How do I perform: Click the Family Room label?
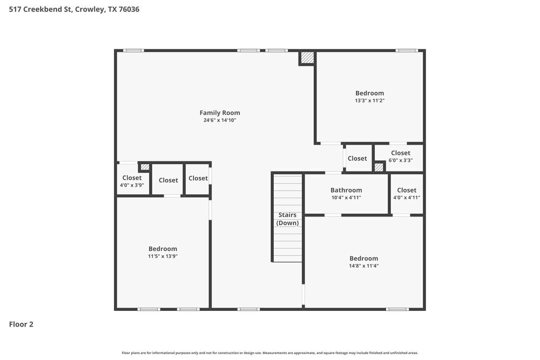coord(220,113)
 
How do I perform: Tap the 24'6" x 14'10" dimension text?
coord(220,120)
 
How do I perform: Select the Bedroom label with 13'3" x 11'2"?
coord(369,93)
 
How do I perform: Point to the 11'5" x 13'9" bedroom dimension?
coord(163,256)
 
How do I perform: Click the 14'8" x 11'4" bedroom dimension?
coord(363,266)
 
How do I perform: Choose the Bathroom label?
coord(346,190)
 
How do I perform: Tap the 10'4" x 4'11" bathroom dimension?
coord(346,198)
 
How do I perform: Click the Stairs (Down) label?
coord(287,219)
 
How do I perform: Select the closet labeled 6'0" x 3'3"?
coord(400,157)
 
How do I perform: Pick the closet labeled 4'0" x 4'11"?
coord(407,193)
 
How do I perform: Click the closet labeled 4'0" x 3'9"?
coord(132,181)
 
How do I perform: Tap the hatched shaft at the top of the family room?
coord(307,58)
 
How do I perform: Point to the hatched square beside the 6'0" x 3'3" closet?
coord(379,167)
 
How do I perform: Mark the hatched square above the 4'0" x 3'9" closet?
coord(145,167)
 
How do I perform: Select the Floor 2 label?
coord(21,324)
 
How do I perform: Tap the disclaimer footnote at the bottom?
coord(269,352)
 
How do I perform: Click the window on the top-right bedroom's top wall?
coord(407,50)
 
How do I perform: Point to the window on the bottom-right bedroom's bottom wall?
coord(397,309)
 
